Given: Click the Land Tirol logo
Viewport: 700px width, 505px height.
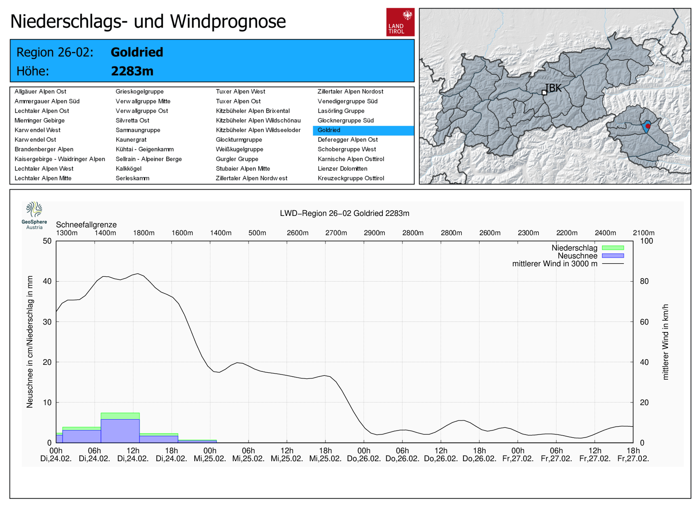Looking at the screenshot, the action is coord(400,22).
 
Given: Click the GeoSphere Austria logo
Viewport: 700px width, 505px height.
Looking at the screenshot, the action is coord(35,215).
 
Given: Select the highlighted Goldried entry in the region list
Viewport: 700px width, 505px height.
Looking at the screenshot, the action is coord(364,131).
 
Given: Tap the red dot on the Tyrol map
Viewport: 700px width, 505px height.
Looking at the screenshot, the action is coord(648,126).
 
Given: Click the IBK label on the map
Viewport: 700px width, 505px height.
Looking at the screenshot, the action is coord(553,88).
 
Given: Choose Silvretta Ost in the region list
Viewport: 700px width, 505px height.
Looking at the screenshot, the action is coord(133,120).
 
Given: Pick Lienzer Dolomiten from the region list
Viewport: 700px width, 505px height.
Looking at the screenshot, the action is coord(343,169).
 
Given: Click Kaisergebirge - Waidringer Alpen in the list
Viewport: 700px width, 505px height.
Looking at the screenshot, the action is coord(59,159).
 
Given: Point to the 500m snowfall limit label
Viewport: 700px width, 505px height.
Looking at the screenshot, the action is coord(257,233).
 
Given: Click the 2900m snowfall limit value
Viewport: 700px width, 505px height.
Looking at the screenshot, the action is coord(374,233).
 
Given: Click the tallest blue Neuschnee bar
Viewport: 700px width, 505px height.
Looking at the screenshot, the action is coord(120,431).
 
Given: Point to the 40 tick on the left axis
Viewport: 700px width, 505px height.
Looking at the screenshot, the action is coord(47,281).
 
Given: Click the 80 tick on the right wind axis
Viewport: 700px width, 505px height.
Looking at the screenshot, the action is coord(644,281).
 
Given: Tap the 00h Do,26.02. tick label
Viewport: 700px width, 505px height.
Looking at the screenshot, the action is coord(364,455).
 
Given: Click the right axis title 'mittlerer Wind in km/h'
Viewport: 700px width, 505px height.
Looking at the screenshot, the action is coord(665,342).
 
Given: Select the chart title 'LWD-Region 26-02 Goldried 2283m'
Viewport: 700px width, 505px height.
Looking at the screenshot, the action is coord(344,213).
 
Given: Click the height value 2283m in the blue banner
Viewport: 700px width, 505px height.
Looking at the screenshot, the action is coord(132,71).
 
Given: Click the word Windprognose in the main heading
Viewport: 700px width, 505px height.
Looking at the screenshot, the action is coord(228,21).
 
